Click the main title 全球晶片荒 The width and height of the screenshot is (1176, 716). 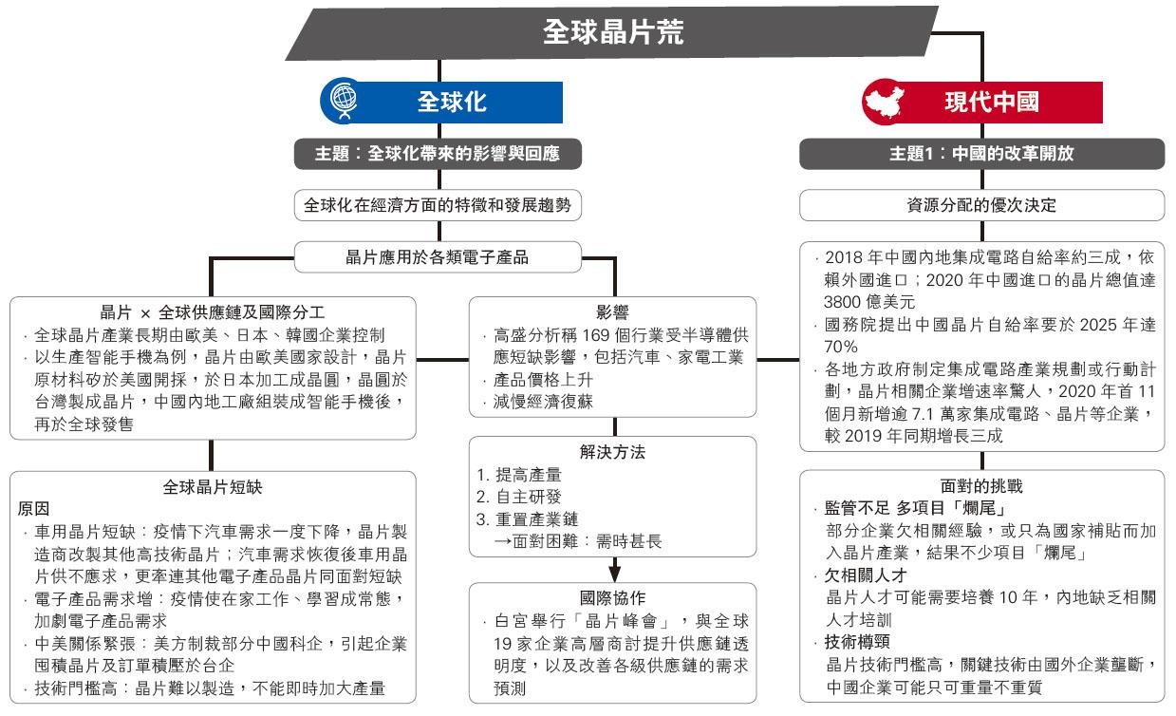612,32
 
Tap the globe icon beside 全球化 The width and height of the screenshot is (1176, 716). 344,100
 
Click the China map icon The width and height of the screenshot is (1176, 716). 885,102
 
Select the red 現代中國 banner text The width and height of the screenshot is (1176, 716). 992,102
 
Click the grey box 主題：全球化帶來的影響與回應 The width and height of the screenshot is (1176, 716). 438,154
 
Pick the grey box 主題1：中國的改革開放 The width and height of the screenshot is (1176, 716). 981,154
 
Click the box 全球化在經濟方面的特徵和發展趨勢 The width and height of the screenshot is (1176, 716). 438,205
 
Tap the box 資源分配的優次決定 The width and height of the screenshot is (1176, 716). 981,205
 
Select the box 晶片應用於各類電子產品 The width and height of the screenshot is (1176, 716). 438,257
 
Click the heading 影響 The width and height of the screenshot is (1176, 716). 612,312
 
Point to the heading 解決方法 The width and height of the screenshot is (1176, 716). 612,452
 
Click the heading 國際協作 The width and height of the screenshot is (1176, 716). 612,598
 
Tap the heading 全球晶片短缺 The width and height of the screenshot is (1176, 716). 213,487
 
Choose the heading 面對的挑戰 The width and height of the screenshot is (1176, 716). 981,486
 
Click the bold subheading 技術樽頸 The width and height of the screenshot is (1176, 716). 857,642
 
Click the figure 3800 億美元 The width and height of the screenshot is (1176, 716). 869,302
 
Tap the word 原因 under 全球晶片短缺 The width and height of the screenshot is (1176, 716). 33,508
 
